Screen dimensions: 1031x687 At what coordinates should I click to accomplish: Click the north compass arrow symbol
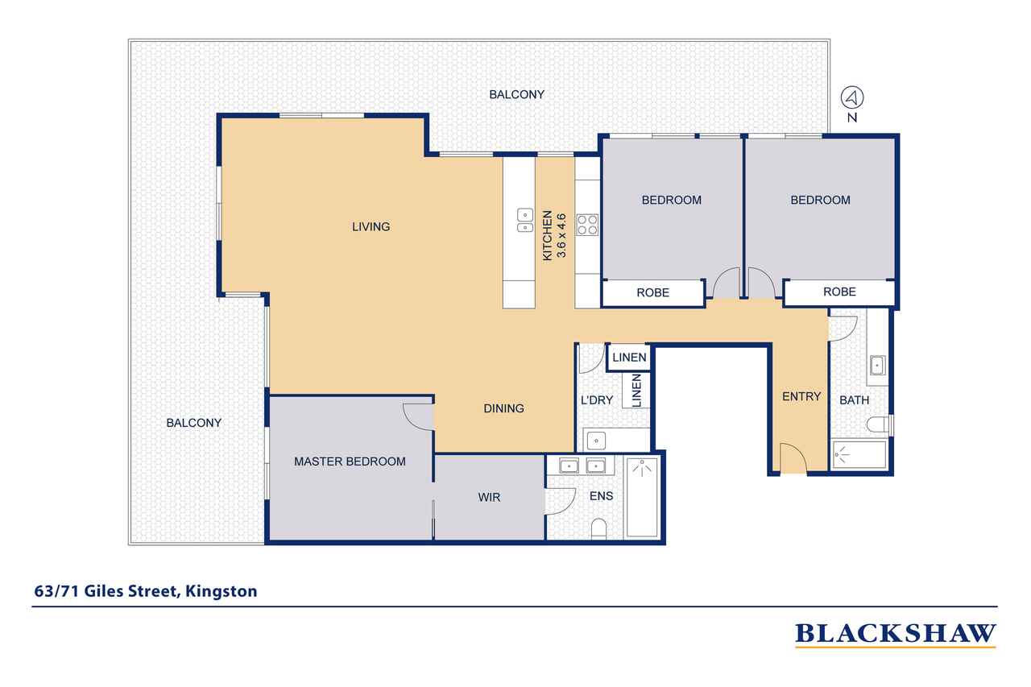(852, 97)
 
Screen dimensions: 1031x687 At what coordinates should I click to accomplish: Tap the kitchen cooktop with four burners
(587, 225)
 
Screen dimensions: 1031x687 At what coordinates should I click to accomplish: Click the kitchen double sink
(524, 221)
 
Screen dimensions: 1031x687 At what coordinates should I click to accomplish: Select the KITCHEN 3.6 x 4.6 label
(554, 236)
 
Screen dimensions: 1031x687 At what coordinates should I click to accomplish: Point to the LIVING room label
(371, 226)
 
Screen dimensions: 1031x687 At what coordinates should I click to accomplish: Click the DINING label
(503, 408)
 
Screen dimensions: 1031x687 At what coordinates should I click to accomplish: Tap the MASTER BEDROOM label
(350, 461)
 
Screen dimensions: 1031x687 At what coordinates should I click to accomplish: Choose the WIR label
(489, 497)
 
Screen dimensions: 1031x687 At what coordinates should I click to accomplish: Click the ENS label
(601, 495)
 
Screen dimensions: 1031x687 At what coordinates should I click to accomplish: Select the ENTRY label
(801, 396)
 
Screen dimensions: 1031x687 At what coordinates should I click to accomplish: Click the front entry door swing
(793, 457)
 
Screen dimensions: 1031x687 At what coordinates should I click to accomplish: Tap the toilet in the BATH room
(879, 424)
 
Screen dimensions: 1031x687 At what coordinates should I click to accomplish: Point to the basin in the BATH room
(878, 366)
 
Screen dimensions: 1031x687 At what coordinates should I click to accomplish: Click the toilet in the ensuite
(598, 529)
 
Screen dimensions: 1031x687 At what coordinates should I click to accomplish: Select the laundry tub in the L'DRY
(596, 441)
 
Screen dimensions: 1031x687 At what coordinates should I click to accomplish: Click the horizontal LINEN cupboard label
(629, 358)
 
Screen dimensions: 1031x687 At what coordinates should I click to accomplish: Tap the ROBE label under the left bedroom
(652, 292)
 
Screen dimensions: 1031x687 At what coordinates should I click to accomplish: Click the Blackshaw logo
(896, 635)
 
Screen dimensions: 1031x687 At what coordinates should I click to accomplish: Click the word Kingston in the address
(221, 591)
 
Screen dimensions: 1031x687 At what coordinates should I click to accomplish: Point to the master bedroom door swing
(418, 417)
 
